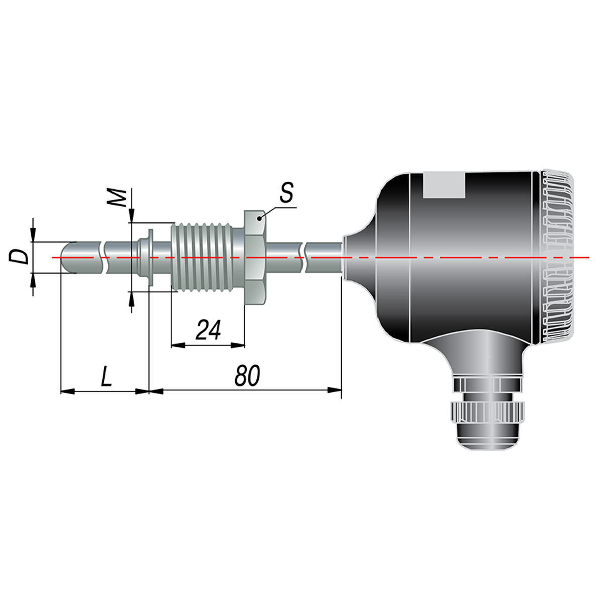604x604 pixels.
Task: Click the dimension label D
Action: [x=18, y=257]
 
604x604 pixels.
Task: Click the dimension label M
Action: [x=117, y=197]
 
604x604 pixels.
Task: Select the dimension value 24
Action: [x=208, y=330]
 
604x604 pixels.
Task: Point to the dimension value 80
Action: [x=247, y=375]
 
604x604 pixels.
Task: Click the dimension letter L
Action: [x=106, y=375]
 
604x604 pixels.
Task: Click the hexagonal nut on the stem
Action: [x=255, y=258]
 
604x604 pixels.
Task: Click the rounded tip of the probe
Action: [x=65, y=257]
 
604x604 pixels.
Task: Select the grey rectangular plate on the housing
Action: [x=444, y=185]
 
